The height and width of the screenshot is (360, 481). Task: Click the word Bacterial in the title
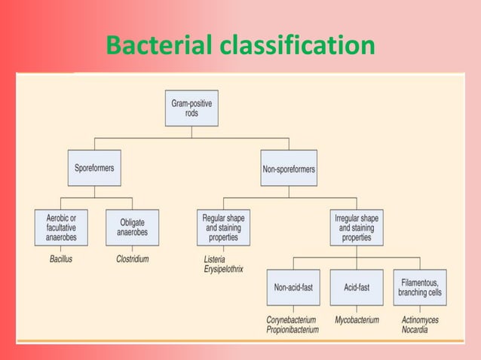(x=159, y=45)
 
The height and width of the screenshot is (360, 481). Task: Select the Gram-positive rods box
(x=191, y=108)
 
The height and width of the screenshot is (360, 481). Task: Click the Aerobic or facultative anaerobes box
(x=60, y=227)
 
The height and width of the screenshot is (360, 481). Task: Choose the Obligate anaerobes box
(x=132, y=227)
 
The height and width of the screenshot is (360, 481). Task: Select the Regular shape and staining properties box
(x=223, y=227)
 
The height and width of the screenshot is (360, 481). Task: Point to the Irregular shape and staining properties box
(x=356, y=227)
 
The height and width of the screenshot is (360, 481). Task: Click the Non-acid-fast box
(x=293, y=287)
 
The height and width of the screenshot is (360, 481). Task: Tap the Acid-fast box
(x=356, y=287)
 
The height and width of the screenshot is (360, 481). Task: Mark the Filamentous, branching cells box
(x=420, y=287)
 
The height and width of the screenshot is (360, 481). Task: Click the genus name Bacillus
(x=56, y=259)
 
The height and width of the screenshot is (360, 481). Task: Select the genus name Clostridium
(x=133, y=259)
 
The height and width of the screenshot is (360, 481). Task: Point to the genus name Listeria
(x=215, y=259)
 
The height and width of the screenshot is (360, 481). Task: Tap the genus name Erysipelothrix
(x=224, y=269)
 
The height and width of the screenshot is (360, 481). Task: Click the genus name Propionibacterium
(x=293, y=329)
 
